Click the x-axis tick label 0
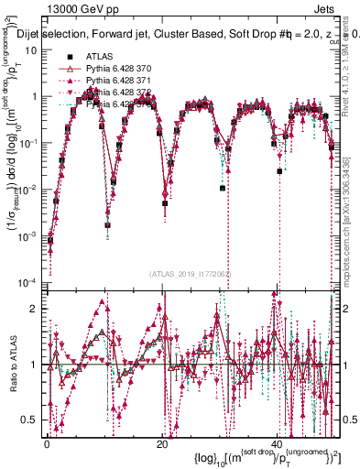(47, 444)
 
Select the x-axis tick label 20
(162, 444)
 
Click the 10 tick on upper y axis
(29, 49)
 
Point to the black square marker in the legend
(68, 58)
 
